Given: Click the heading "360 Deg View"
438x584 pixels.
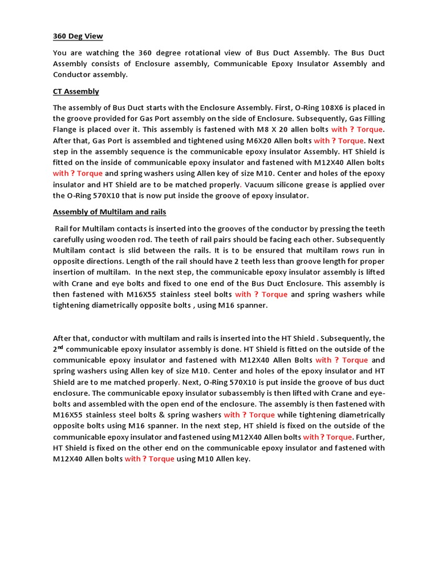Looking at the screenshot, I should [x=78, y=36].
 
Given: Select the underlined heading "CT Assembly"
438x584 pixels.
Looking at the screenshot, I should [x=76, y=91].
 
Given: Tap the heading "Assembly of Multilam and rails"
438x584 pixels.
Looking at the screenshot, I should [x=109, y=212].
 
